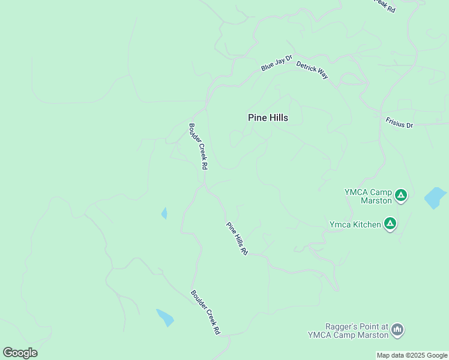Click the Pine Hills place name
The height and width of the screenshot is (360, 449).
pyautogui.click(x=268, y=118)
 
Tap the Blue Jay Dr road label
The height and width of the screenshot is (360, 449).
pyautogui.click(x=276, y=63)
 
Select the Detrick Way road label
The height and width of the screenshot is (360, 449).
pyautogui.click(x=312, y=69)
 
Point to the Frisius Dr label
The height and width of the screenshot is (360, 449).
pyautogui.click(x=400, y=122)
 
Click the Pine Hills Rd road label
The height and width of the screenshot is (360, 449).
pyautogui.click(x=237, y=239)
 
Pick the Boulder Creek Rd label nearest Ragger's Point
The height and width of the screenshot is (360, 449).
pyautogui.click(x=206, y=313)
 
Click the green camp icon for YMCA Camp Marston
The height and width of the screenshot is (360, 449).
pyautogui.click(x=401, y=195)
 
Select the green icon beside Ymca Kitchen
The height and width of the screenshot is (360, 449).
pyautogui.click(x=390, y=224)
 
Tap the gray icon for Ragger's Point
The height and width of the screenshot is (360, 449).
pyautogui.click(x=397, y=329)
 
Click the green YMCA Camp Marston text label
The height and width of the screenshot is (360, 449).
pyautogui.click(x=368, y=196)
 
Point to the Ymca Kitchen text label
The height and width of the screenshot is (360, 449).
pyautogui.click(x=355, y=224)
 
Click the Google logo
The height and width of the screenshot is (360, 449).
pyautogui.click(x=20, y=353)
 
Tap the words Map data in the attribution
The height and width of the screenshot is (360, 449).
pyautogui.click(x=389, y=355)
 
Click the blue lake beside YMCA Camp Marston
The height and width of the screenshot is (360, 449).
pyautogui.click(x=435, y=197)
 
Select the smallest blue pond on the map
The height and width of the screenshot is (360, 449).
pyautogui.click(x=164, y=213)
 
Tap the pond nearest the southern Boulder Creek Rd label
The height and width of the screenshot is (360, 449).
pyautogui.click(x=165, y=317)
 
